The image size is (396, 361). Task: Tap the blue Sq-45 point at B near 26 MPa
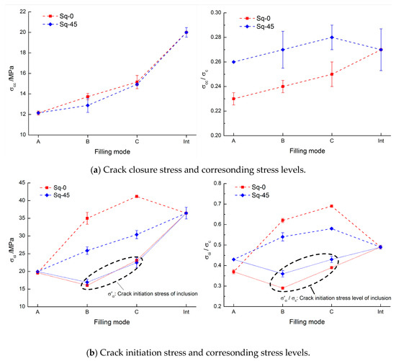[88, 251]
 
